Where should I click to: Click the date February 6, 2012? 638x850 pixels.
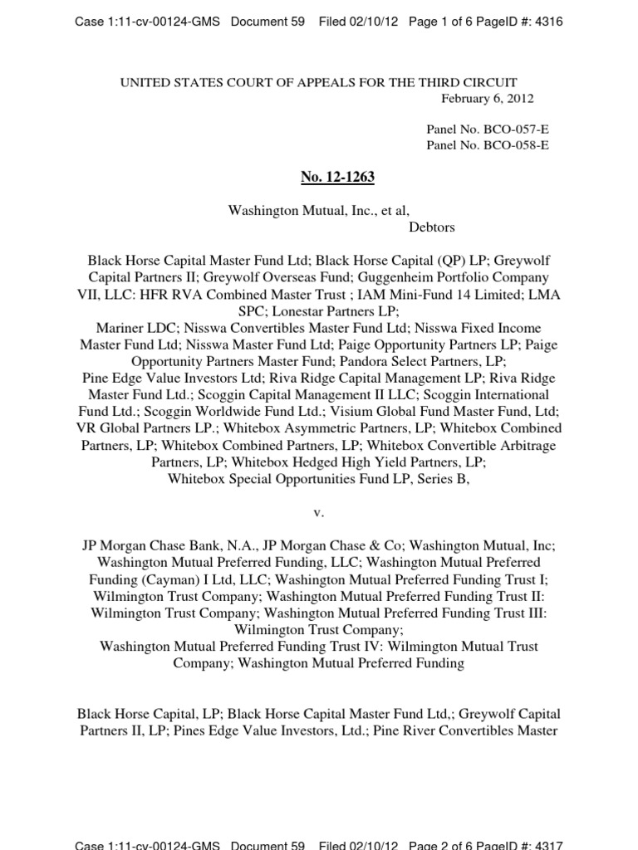pyautogui.click(x=487, y=98)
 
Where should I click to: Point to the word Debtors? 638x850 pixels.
pyautogui.click(x=432, y=227)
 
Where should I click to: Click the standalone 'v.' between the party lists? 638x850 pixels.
pyautogui.click(x=318, y=512)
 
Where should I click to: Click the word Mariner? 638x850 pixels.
pyautogui.click(x=117, y=328)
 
